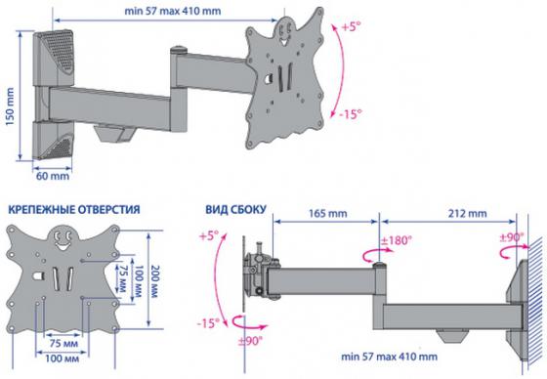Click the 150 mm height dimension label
pyautogui.click(x=10, y=106)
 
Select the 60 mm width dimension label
pyautogui.click(x=53, y=176)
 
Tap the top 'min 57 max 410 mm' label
pyautogui.click(x=173, y=11)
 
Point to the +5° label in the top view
pyautogui.click(x=351, y=27)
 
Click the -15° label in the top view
pyautogui.click(x=351, y=113)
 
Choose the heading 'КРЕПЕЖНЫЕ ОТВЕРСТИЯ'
pyautogui.click(x=74, y=209)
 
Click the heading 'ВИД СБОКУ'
pyautogui.click(x=235, y=209)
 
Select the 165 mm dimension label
pyautogui.click(x=328, y=213)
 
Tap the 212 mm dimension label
pyautogui.click(x=468, y=213)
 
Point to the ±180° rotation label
pyautogui.click(x=397, y=240)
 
